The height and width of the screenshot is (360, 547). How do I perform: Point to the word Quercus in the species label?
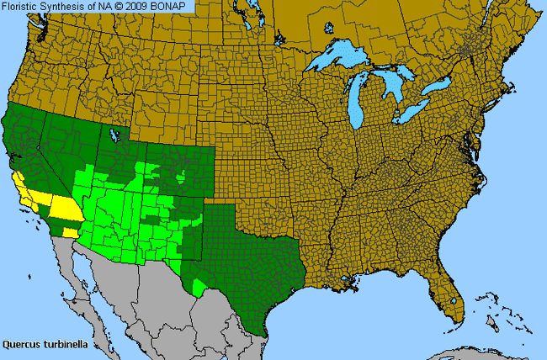[21, 344]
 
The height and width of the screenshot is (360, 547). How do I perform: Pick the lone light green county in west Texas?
[199, 288]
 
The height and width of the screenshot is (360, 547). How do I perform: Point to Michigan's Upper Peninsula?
[349, 74]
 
